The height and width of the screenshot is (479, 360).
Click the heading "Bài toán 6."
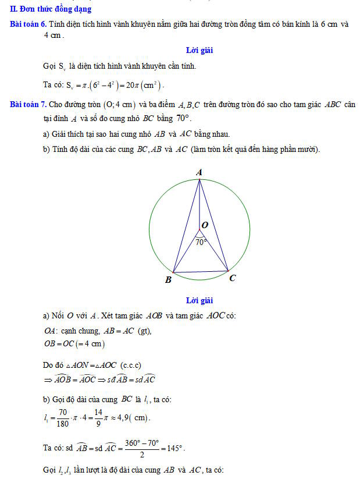[28, 24]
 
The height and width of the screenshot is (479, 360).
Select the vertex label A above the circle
[199, 172]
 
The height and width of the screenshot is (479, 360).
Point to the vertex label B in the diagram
[168, 280]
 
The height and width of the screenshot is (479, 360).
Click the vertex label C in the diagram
[232, 278]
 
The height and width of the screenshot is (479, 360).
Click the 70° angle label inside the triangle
[201, 242]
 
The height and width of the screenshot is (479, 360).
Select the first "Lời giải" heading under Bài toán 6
[199, 50]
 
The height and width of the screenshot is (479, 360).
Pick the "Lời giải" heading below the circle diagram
[199, 300]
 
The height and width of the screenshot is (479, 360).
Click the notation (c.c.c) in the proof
[131, 365]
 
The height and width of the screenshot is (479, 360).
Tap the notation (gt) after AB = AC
[143, 331]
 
